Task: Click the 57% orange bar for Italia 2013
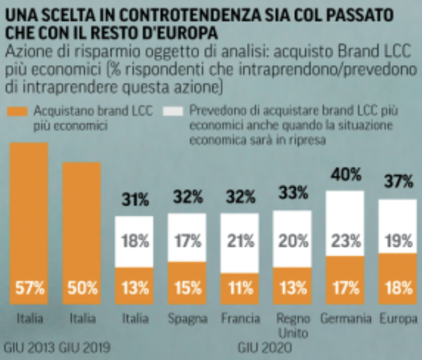pos(29,223)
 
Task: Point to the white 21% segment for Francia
pos(240,243)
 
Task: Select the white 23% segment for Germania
pos(345,223)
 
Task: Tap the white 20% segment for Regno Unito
pos(293,239)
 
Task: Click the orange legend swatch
pos(17,111)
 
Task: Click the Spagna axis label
pos(187,319)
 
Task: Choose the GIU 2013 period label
pos(29,348)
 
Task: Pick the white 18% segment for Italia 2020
pos(135,242)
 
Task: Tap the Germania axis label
pos(345,319)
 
